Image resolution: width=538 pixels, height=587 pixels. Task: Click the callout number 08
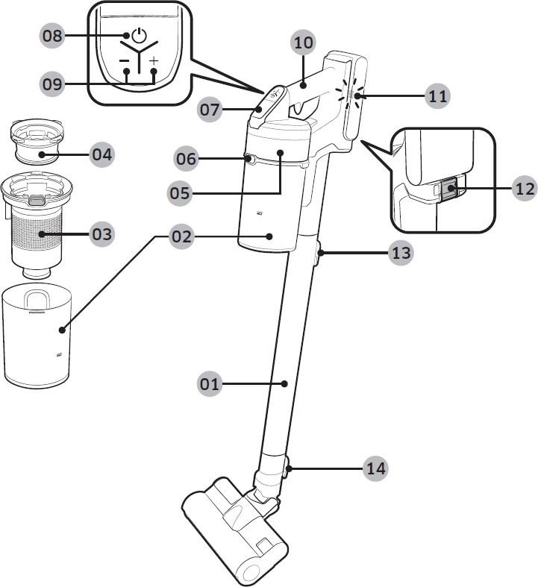click(x=52, y=36)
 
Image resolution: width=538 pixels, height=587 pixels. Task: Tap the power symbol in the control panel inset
click(x=140, y=35)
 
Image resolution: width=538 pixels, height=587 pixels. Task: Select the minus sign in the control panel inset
click(x=124, y=60)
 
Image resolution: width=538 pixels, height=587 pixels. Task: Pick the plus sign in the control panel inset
click(x=154, y=60)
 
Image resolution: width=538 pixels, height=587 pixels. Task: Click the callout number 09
click(x=52, y=84)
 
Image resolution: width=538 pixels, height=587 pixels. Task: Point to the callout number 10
click(x=303, y=43)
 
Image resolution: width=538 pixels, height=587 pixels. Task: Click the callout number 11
click(x=438, y=96)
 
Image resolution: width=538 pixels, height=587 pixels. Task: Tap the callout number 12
click(x=525, y=188)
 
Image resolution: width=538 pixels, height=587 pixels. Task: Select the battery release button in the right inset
click(x=448, y=188)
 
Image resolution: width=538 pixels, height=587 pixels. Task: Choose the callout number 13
click(x=401, y=253)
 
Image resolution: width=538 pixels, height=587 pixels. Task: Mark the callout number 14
click(x=375, y=468)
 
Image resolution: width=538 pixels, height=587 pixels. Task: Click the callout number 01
click(x=209, y=383)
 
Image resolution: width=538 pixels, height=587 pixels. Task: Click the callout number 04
click(x=101, y=154)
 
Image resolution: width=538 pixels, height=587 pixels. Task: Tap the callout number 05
click(x=180, y=193)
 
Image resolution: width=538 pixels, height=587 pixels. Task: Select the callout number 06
click(x=186, y=159)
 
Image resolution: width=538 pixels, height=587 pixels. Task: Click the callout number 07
click(x=209, y=110)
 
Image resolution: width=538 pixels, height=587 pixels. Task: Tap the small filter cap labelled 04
click(x=37, y=141)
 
